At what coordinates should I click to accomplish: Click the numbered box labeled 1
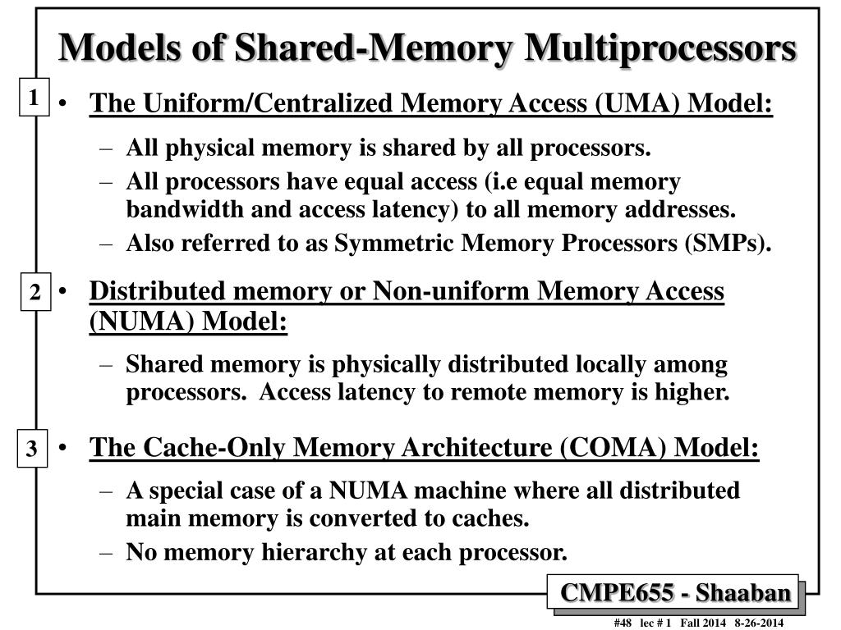33,99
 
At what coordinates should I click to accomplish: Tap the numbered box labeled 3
31,450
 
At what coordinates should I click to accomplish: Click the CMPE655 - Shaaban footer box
676,592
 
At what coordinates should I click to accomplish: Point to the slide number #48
623,623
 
